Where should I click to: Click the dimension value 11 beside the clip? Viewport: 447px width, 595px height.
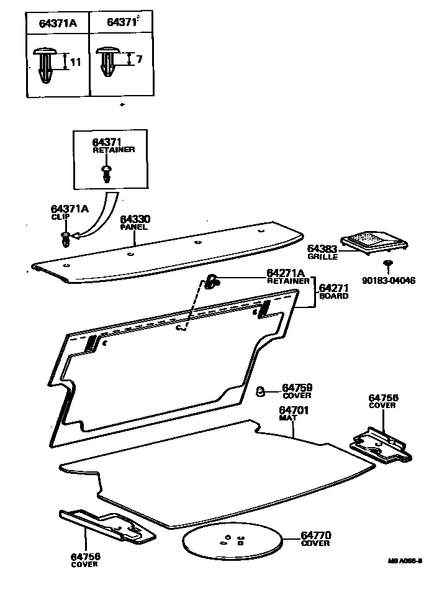[76, 62]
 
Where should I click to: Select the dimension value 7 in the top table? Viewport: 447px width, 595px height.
[140, 59]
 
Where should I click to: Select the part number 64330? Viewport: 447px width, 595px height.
[135, 219]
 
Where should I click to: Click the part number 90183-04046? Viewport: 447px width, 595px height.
[389, 281]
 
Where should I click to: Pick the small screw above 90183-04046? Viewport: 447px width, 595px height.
[387, 264]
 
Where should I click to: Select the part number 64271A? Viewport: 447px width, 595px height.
[286, 273]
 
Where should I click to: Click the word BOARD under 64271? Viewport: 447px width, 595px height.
[333, 296]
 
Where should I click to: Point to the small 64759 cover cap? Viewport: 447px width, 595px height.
[262, 391]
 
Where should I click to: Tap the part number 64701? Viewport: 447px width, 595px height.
[294, 410]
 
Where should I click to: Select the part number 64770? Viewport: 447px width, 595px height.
[316, 535]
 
